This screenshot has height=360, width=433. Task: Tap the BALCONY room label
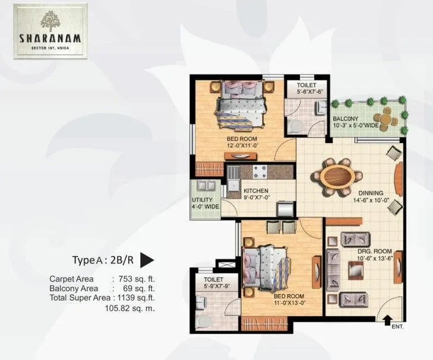(344, 118)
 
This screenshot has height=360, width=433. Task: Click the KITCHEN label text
(257, 191)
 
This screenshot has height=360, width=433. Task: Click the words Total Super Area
(80, 298)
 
